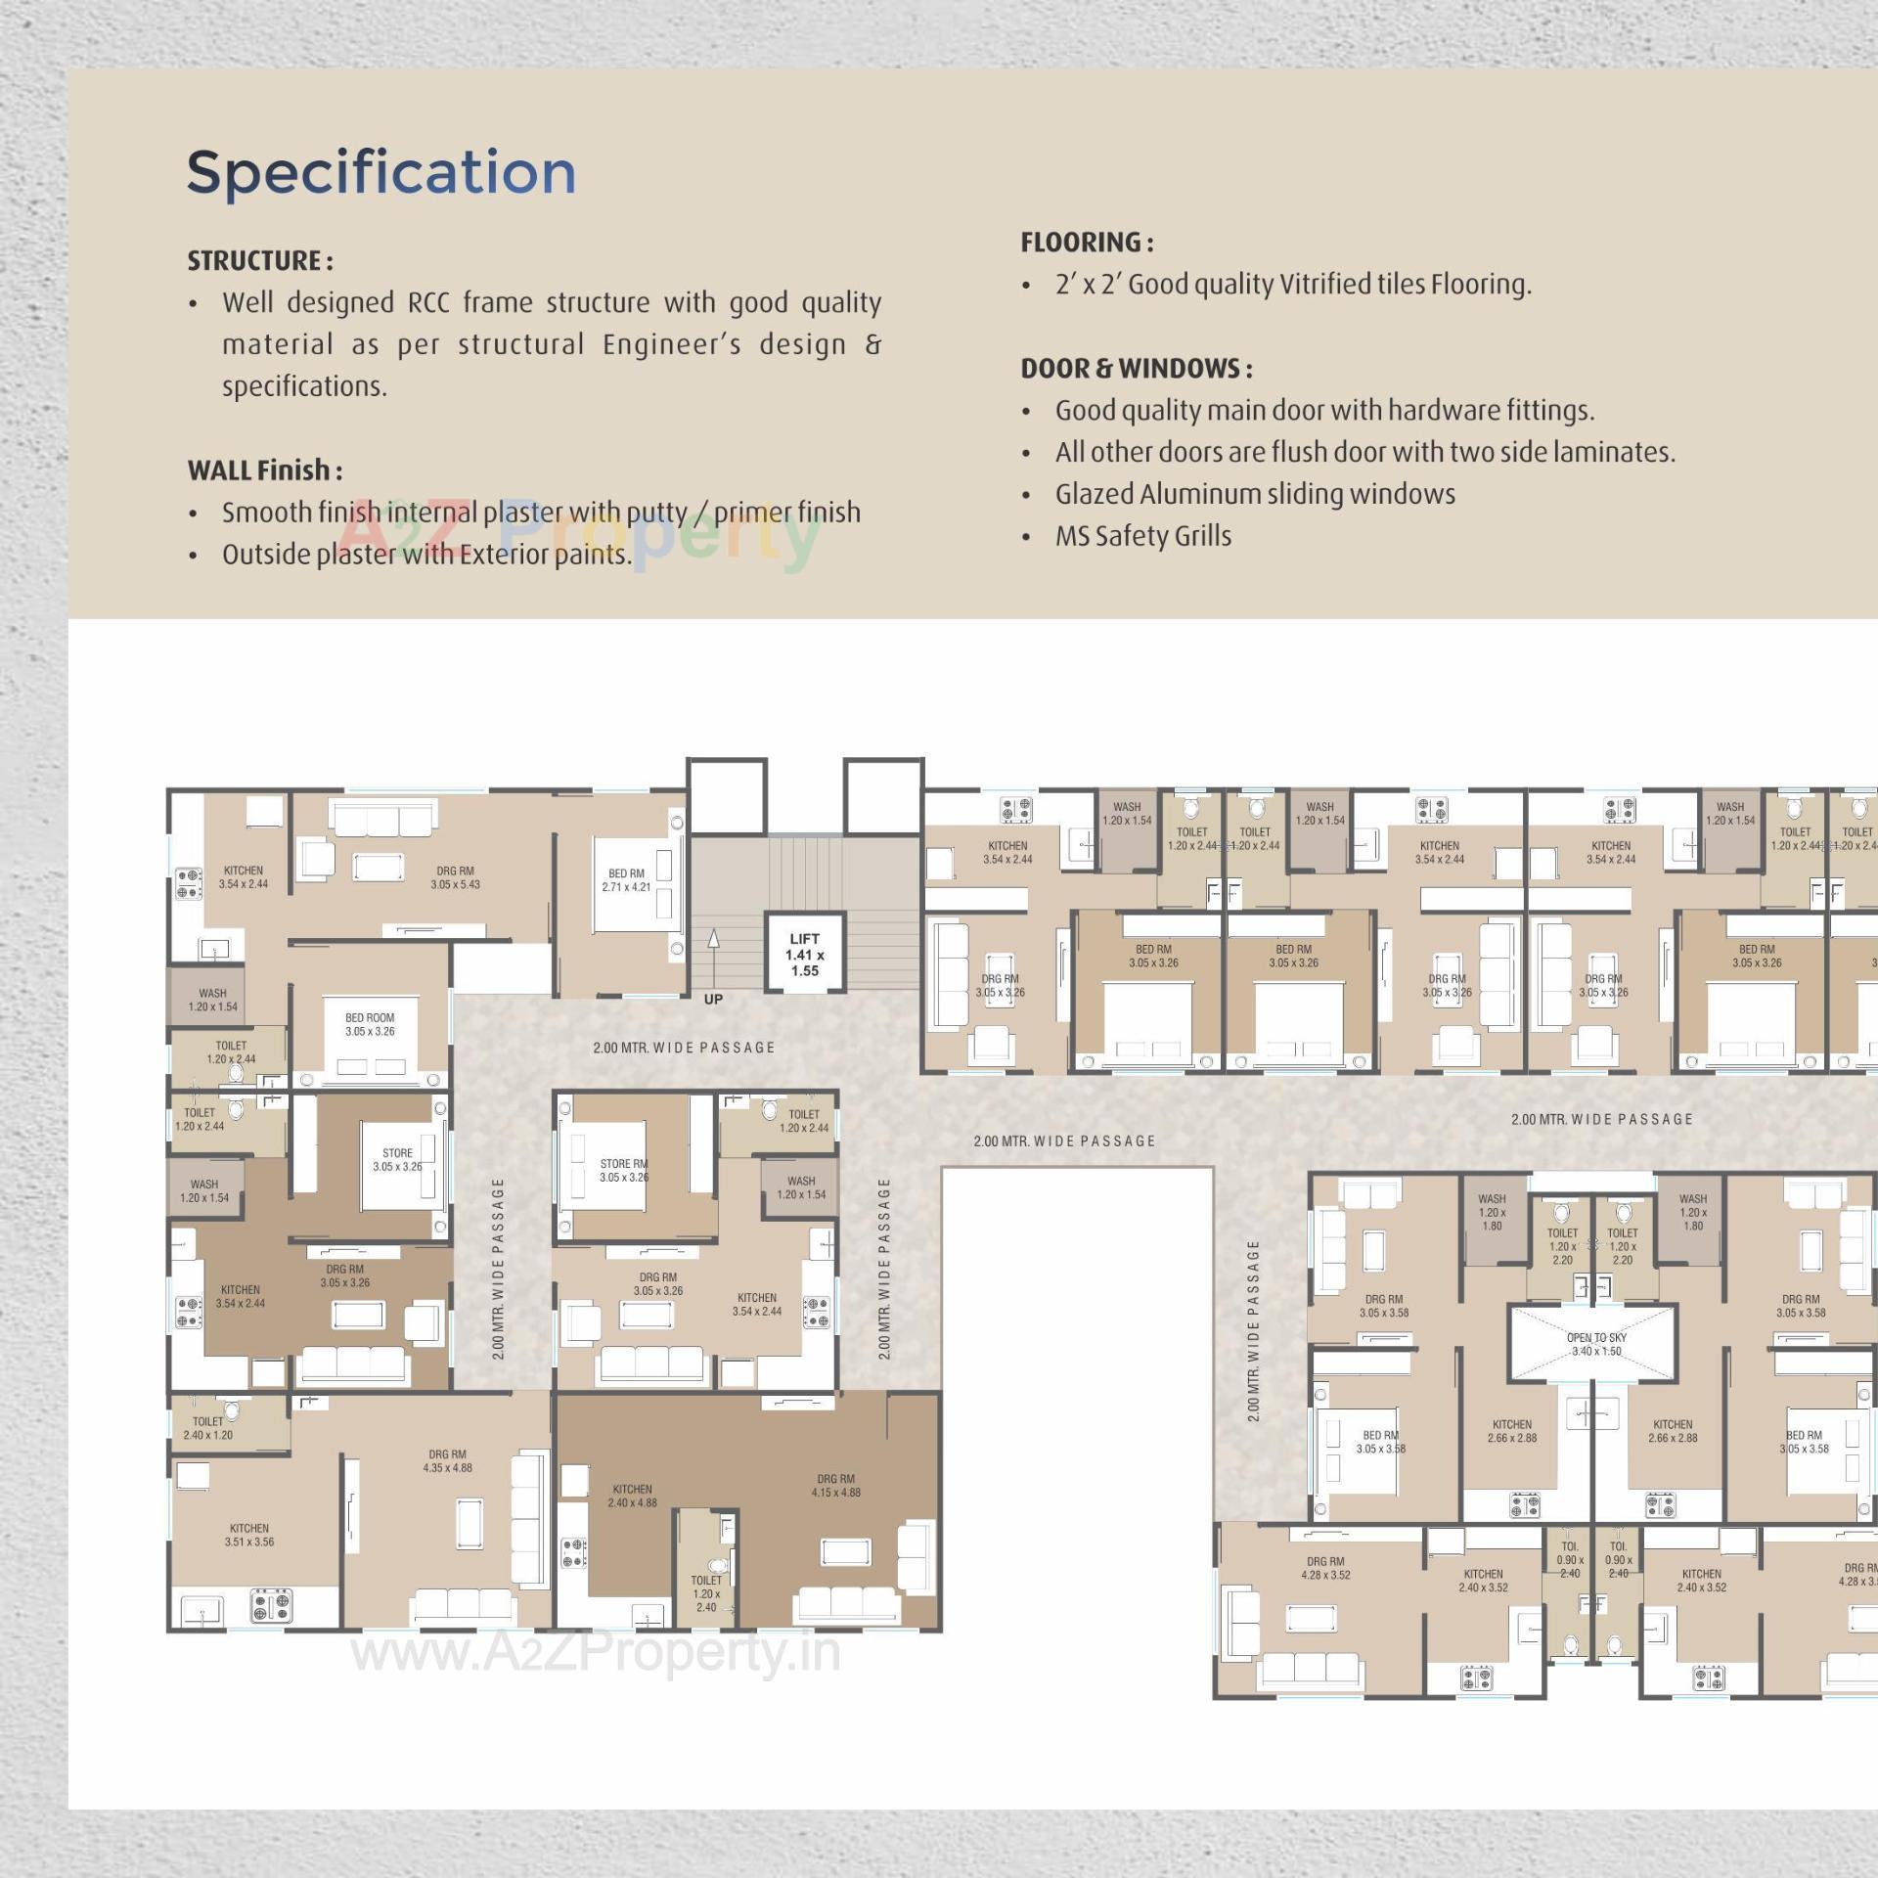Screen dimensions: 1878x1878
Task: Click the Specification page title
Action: (380, 172)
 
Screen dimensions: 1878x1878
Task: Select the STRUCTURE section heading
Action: (260, 261)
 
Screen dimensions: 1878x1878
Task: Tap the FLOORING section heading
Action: (1087, 243)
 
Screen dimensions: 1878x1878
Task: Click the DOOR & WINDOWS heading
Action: (1137, 369)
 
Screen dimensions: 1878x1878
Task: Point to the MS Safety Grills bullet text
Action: (1142, 536)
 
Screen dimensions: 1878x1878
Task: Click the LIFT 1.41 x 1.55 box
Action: (804, 954)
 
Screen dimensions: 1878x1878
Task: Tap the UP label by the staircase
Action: (713, 999)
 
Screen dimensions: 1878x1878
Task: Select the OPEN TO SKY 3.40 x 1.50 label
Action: (1596, 1344)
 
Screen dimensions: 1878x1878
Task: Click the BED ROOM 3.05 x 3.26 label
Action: (370, 1024)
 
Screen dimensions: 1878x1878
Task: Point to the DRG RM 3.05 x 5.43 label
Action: (455, 877)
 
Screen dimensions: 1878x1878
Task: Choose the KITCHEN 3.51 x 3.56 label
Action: (249, 1535)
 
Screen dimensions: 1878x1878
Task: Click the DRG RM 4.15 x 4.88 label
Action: (835, 1486)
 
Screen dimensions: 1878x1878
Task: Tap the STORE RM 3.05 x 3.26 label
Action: (624, 1170)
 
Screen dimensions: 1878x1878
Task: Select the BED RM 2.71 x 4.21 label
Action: (626, 880)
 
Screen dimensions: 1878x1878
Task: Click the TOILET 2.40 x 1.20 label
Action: (207, 1428)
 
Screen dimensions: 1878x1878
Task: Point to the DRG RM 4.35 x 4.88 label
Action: (447, 1461)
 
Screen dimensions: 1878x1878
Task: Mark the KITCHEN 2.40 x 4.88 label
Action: (632, 1496)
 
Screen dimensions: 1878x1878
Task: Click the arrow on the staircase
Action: (714, 939)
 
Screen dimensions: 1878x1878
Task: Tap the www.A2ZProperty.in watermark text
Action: (596, 1652)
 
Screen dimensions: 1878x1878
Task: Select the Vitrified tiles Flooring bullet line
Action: (1292, 285)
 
